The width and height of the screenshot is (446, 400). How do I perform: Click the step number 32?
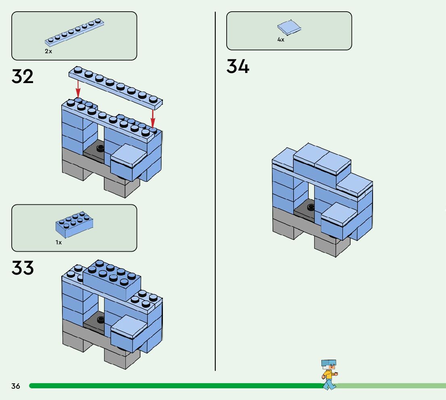point(23,76)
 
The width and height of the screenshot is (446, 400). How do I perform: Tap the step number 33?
point(23,268)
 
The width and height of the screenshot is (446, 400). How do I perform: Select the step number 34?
point(238,67)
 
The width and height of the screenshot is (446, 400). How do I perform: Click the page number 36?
point(16,386)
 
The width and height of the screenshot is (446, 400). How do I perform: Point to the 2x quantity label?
point(48,52)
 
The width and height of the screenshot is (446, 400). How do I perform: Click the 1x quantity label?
point(59,242)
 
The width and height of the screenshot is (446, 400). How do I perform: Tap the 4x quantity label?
point(281,40)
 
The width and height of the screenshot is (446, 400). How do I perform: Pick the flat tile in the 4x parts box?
point(289,27)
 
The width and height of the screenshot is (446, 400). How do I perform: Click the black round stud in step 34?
point(311,207)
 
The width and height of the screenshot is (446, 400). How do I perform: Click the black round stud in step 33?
point(100,319)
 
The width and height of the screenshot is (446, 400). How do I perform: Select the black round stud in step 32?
point(100,148)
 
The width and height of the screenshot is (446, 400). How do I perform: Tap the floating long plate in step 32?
point(115,87)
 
